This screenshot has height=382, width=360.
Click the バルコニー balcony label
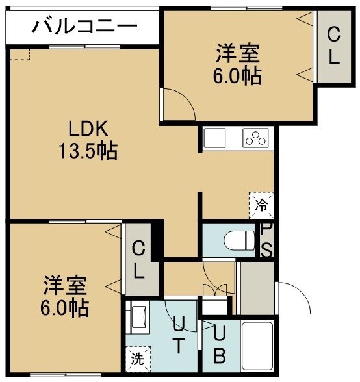pos(84,26)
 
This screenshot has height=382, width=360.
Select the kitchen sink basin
pos(214,138)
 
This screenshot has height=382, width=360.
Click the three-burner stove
pos(255,138)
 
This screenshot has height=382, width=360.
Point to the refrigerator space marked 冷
pos(261,205)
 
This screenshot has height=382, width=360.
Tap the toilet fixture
pos(240,240)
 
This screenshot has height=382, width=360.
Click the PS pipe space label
pos(266,240)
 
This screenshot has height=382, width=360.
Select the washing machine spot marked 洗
pos(138,359)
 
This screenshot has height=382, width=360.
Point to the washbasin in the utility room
pos(138,317)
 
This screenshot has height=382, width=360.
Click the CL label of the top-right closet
pos(333,45)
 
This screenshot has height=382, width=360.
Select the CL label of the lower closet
pos(138,259)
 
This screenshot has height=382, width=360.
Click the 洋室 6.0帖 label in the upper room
pos(237,64)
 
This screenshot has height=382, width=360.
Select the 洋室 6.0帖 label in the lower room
pos(64,296)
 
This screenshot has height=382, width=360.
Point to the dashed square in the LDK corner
pos(19,55)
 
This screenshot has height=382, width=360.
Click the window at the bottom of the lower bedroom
pos(66,375)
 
